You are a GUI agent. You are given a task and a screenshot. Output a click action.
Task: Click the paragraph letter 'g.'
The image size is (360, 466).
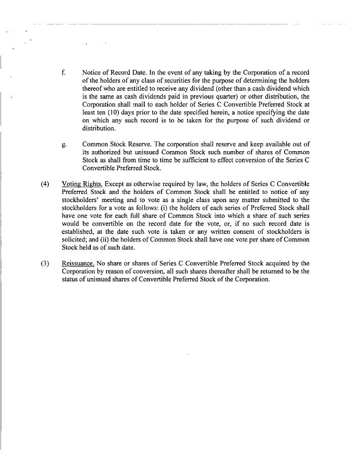coord(63,144)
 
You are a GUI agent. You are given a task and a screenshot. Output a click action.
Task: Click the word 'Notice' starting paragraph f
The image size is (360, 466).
coord(92,72)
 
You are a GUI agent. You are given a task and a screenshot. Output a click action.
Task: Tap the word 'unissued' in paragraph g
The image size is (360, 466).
coord(144,153)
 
